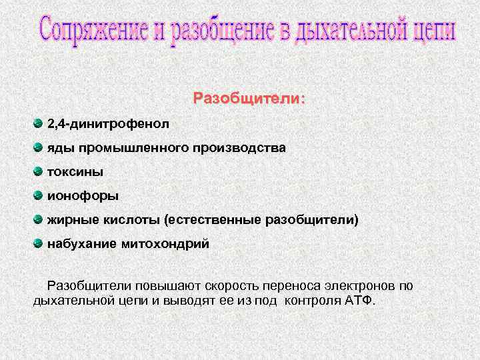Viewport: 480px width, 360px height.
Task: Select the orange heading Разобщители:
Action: tap(249, 99)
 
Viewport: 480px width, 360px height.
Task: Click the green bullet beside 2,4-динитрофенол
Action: tap(38, 123)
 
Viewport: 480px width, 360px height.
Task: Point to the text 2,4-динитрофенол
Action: tap(108, 124)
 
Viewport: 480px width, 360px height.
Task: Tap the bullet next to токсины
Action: tap(38, 171)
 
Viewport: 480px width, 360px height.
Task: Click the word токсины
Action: tap(75, 172)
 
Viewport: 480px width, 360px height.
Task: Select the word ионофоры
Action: tap(83, 196)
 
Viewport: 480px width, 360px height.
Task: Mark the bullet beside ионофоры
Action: tap(38, 195)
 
